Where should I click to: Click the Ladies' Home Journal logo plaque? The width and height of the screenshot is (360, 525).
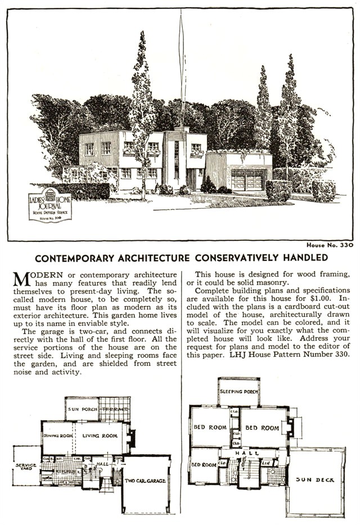point(49,205)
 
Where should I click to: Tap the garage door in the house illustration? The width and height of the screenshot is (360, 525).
point(247,180)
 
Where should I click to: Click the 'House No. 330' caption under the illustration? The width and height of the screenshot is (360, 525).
point(330,245)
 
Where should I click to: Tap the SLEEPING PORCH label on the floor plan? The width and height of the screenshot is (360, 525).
point(239,391)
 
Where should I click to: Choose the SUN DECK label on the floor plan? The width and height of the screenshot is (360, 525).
point(314,480)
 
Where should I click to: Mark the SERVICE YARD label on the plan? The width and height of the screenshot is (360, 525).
point(26,468)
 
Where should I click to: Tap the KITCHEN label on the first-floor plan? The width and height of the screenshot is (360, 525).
point(65,470)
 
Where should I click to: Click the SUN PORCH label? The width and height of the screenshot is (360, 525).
point(81,409)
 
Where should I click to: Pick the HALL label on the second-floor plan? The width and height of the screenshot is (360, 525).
point(248,453)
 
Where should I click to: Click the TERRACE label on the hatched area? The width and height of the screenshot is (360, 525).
point(115,409)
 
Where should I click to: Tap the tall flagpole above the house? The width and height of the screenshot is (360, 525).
point(182,68)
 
